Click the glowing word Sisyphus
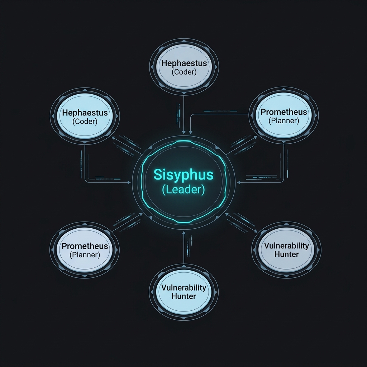[183, 175]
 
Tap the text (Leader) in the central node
[183, 190]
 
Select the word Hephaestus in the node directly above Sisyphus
[184, 63]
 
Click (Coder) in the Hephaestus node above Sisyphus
[184, 72]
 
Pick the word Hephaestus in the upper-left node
[85, 113]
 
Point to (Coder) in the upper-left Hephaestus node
[85, 121]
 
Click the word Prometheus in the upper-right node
[284, 112]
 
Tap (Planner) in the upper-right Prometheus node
[284, 121]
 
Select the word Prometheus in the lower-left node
[85, 246]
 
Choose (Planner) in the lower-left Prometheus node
[85, 255]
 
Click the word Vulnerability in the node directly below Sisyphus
[184, 288]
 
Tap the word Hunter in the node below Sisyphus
[184, 296]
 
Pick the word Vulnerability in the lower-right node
[286, 246]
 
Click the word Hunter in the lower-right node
[286, 254]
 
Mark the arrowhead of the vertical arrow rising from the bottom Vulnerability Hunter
[184, 233]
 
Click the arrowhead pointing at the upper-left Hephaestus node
[113, 138]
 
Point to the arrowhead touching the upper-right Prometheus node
[255, 138]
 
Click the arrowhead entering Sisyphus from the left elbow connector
[129, 182]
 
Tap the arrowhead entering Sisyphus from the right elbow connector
[239, 182]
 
